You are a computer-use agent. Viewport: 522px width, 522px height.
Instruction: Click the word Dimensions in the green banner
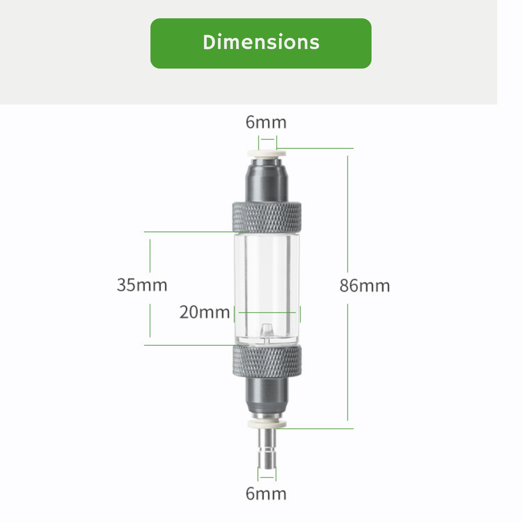click(x=261, y=43)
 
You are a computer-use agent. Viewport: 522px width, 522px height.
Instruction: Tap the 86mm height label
click(x=365, y=286)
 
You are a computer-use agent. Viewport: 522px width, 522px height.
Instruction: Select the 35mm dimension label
click(x=142, y=285)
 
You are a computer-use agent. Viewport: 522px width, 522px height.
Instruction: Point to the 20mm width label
click(x=204, y=312)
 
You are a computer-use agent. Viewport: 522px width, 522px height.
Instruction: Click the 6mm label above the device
click(x=266, y=123)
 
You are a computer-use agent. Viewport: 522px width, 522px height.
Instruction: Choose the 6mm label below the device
click(x=266, y=494)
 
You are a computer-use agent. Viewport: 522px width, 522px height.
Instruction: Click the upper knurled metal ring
click(x=267, y=216)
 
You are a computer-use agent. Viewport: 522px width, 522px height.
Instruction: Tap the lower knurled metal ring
click(x=267, y=362)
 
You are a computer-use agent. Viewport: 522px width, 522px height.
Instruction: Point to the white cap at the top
click(x=267, y=153)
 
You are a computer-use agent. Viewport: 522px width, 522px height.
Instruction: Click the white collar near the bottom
click(x=267, y=424)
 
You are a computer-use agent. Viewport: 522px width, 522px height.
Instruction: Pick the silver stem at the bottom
click(x=267, y=447)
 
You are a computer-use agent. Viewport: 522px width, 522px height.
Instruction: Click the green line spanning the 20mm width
click(x=267, y=313)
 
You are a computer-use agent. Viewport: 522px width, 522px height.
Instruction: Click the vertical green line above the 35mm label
click(x=150, y=255)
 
